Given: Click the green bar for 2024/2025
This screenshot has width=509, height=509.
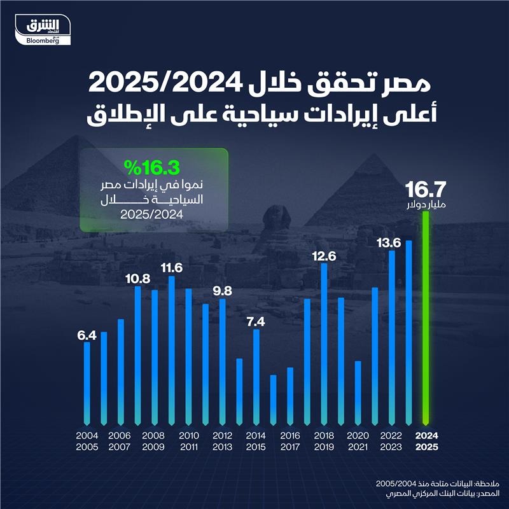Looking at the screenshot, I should click(426, 318).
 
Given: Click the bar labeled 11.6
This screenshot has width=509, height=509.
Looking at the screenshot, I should click(172, 350).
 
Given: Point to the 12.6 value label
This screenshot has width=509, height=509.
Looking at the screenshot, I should click(324, 256).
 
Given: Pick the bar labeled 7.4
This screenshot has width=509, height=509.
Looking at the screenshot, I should click(256, 375).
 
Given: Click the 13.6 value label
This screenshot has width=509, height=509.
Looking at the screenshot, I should click(392, 243).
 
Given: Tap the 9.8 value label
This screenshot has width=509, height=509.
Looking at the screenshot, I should click(222, 292).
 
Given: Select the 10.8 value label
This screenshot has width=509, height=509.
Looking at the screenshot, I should click(137, 279).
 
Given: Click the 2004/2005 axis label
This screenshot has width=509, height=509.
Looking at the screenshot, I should click(87, 440).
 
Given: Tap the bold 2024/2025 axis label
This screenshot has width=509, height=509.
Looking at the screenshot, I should click(426, 440).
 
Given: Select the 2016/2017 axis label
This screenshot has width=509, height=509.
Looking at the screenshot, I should click(289, 440).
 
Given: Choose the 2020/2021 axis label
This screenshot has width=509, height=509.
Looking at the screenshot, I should click(357, 440).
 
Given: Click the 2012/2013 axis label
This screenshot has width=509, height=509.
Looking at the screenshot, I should click(222, 440).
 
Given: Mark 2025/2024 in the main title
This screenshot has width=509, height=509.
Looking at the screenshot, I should click(370, 83).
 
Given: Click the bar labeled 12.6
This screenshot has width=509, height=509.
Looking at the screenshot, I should click(324, 344).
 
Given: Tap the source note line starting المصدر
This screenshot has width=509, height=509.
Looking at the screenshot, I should click(445, 494).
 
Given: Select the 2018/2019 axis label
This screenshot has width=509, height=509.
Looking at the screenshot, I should click(323, 440).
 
